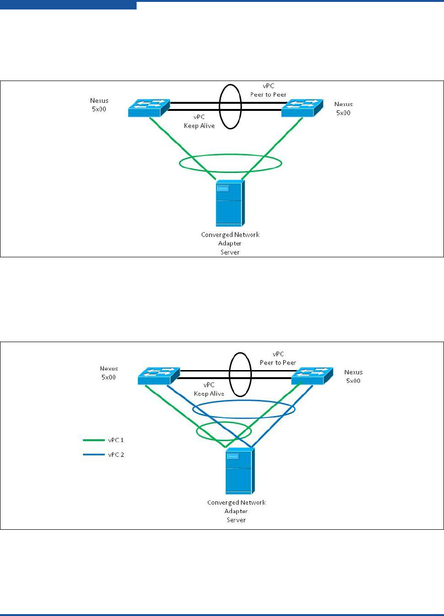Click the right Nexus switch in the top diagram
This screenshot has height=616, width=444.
(302, 108)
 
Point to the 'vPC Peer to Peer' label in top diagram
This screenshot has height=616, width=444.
(268, 91)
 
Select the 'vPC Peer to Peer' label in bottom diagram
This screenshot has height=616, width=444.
(278, 358)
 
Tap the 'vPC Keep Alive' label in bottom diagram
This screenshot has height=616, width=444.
(209, 390)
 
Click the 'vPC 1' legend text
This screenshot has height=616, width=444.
(116, 440)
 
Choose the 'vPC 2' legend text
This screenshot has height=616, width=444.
(116, 455)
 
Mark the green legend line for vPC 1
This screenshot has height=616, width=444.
(93, 440)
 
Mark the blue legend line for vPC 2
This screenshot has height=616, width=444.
(93, 455)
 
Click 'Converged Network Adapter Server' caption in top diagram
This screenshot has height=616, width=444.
(230, 243)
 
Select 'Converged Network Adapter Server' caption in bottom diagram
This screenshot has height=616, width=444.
(236, 511)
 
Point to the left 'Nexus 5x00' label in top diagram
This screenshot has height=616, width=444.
(99, 104)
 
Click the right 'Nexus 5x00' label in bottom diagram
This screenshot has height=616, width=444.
(353, 376)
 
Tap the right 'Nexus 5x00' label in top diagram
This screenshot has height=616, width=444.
(343, 108)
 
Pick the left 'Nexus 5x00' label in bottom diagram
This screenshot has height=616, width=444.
(109, 373)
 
